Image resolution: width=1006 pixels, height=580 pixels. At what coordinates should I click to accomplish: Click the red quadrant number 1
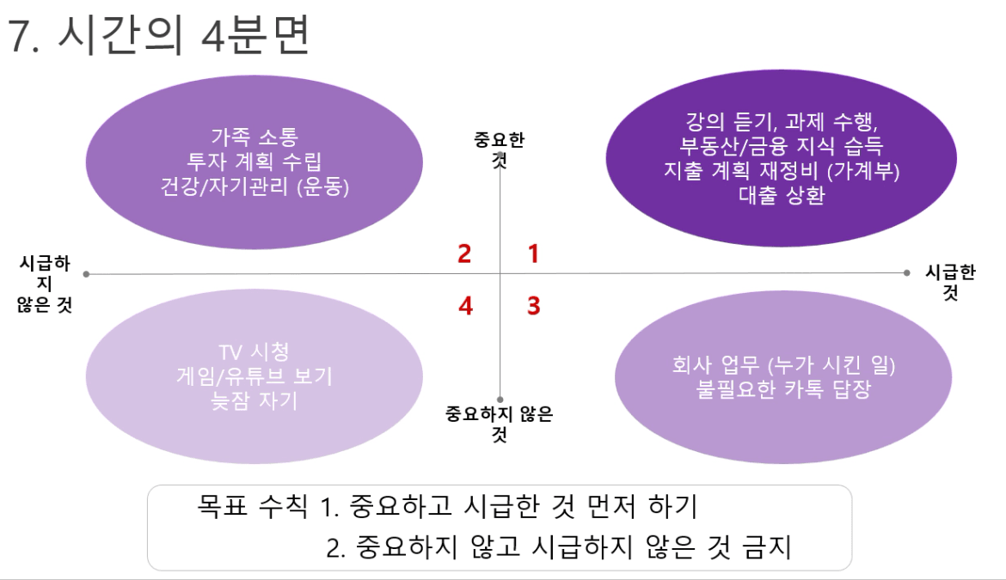[x=532, y=253]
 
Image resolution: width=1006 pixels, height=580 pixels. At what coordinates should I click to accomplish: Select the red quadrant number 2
[x=464, y=253]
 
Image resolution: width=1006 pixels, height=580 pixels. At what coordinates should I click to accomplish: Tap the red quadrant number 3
[x=533, y=306]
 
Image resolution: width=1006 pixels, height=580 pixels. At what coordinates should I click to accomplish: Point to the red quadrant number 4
[x=466, y=306]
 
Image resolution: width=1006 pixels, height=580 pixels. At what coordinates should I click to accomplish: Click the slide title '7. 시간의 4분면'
[x=159, y=34]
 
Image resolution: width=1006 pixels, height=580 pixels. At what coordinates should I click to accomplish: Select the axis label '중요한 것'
[x=500, y=150]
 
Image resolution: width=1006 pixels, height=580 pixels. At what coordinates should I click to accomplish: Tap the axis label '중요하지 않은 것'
[x=500, y=424]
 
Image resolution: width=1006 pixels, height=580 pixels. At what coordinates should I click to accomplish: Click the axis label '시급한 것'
[x=950, y=282]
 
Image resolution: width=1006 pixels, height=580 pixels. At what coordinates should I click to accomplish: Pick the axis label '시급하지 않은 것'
[x=44, y=284]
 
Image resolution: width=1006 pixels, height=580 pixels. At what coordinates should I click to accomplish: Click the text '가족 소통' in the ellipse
[x=255, y=137]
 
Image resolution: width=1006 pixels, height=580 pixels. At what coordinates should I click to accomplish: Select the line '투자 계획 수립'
[x=254, y=162]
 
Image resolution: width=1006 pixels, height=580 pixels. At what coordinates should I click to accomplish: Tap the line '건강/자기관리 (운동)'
[x=254, y=186]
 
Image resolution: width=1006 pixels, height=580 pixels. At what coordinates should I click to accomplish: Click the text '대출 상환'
[x=782, y=195]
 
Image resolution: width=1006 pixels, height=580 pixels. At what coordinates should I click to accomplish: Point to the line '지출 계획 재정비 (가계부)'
[x=782, y=170]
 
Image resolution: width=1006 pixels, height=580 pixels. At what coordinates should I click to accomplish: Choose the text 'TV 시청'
[x=254, y=351]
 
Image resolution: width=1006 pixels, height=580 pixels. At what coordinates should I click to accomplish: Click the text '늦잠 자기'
[x=254, y=400]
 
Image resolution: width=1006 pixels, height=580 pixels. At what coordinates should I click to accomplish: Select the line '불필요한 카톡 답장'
[x=783, y=389]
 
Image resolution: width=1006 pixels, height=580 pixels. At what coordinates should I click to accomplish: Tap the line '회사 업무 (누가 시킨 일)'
[x=783, y=364]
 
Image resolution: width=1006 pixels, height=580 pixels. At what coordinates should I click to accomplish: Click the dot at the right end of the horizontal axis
[x=906, y=273]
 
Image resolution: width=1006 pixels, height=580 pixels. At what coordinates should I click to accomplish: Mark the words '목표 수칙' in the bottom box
[x=252, y=506]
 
